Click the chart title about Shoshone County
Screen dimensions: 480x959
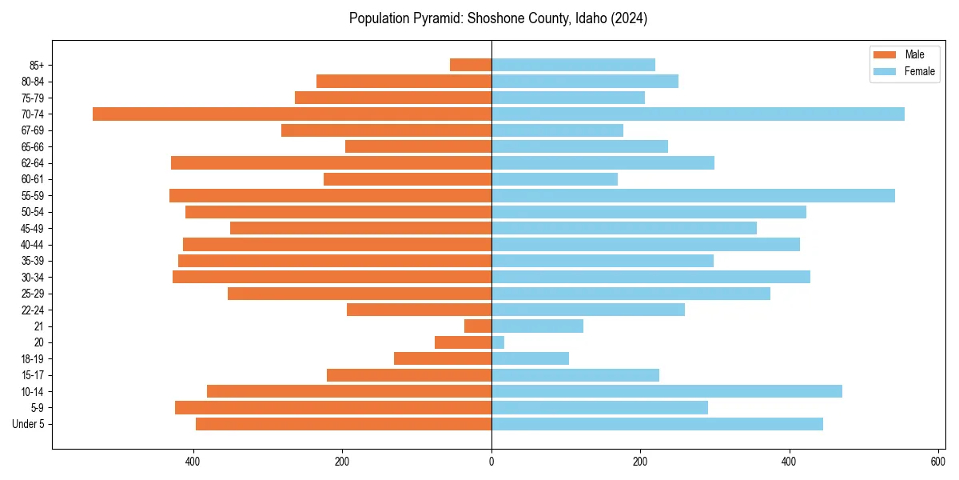(x=498, y=18)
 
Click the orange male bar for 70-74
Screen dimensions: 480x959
(x=292, y=114)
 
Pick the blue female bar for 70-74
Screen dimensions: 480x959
(x=698, y=114)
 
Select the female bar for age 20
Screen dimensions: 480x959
(x=498, y=342)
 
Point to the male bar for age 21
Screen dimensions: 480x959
(x=478, y=326)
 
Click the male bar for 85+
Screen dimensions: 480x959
(x=471, y=65)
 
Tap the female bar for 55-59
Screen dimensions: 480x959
(x=693, y=195)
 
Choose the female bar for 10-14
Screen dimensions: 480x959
(x=667, y=391)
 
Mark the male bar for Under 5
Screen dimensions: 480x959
(x=344, y=424)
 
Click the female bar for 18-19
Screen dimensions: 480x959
(x=530, y=358)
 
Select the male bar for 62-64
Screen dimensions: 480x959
(x=331, y=162)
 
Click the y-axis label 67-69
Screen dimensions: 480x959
(x=32, y=130)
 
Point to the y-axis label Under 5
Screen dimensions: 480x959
(x=28, y=424)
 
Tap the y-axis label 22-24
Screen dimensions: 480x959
(x=32, y=310)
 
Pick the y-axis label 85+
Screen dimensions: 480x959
(x=35, y=65)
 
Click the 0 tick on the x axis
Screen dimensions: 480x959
(x=491, y=461)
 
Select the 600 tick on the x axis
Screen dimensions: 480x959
(x=938, y=461)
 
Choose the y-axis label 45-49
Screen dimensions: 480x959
(x=32, y=228)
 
